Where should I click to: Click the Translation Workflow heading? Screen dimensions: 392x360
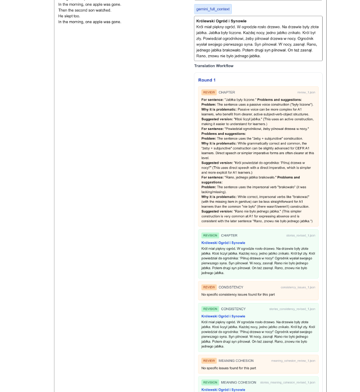[x=214, y=66]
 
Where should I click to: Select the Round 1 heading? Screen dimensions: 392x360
[x=207, y=80]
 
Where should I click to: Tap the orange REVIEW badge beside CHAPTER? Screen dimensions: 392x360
[x=209, y=92]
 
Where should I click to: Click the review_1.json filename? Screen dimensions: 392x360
[x=306, y=93]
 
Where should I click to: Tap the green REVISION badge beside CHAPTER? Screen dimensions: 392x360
[x=210, y=235]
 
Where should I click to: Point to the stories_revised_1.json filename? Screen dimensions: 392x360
[x=301, y=236]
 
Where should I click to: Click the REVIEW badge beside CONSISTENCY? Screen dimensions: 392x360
[x=209, y=287]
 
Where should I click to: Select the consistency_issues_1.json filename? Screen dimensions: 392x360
[x=298, y=287]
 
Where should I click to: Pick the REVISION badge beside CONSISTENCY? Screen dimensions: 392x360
[x=210, y=309]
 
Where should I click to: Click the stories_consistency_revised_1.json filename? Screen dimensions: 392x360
[x=292, y=309]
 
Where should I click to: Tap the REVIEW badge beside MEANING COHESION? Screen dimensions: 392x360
[x=209, y=361]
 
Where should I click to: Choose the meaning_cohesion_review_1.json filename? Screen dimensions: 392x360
[x=293, y=361]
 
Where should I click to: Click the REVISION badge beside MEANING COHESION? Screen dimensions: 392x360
[x=210, y=382]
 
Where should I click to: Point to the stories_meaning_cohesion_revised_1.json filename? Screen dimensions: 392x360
[x=288, y=383]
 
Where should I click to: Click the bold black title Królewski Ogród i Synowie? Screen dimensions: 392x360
[x=221, y=21]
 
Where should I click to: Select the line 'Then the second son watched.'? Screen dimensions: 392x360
[x=85, y=10]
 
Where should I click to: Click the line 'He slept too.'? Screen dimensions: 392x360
[x=69, y=16]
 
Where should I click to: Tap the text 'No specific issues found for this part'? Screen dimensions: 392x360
[x=229, y=368]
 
